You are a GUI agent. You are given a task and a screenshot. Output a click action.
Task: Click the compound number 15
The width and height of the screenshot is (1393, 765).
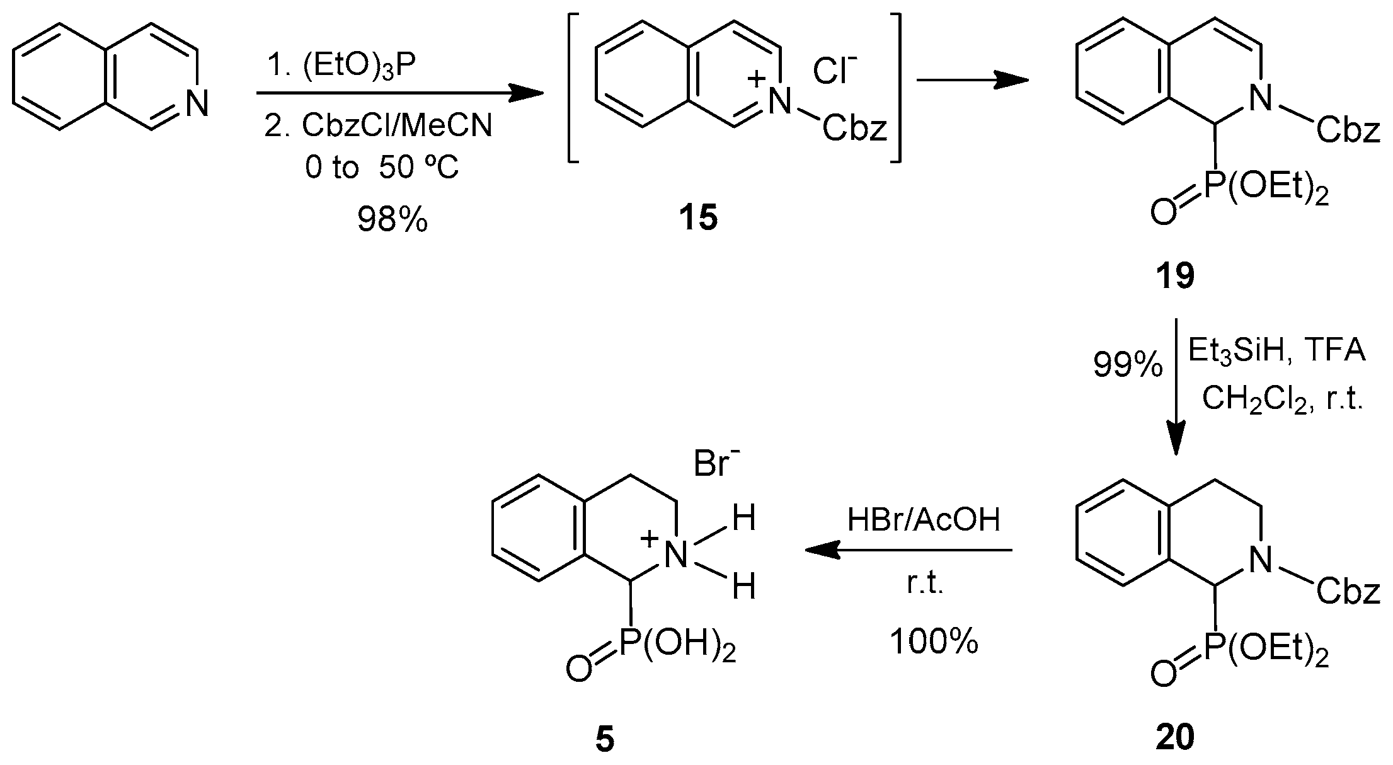(x=698, y=219)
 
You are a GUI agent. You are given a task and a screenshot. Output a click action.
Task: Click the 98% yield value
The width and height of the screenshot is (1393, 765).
(x=393, y=220)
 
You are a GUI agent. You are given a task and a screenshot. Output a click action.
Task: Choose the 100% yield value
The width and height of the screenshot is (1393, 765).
(x=934, y=642)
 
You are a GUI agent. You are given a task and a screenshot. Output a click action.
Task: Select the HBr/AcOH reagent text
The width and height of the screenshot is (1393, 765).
(x=924, y=521)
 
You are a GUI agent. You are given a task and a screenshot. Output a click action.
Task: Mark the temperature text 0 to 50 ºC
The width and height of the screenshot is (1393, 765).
(x=382, y=168)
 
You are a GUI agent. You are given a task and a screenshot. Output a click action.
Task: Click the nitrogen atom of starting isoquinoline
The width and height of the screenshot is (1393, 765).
(x=197, y=103)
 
